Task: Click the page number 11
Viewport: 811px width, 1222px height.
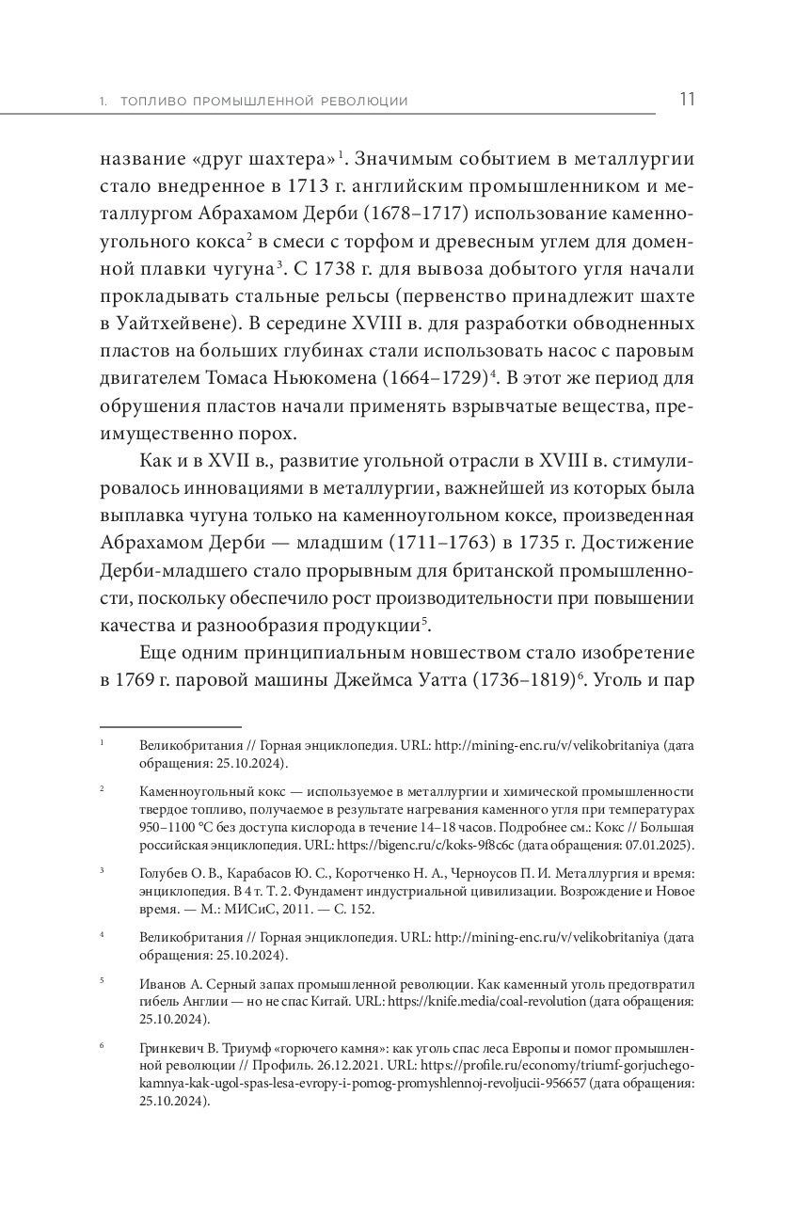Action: tap(687, 100)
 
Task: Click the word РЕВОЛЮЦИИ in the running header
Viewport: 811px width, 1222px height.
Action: tap(362, 102)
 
